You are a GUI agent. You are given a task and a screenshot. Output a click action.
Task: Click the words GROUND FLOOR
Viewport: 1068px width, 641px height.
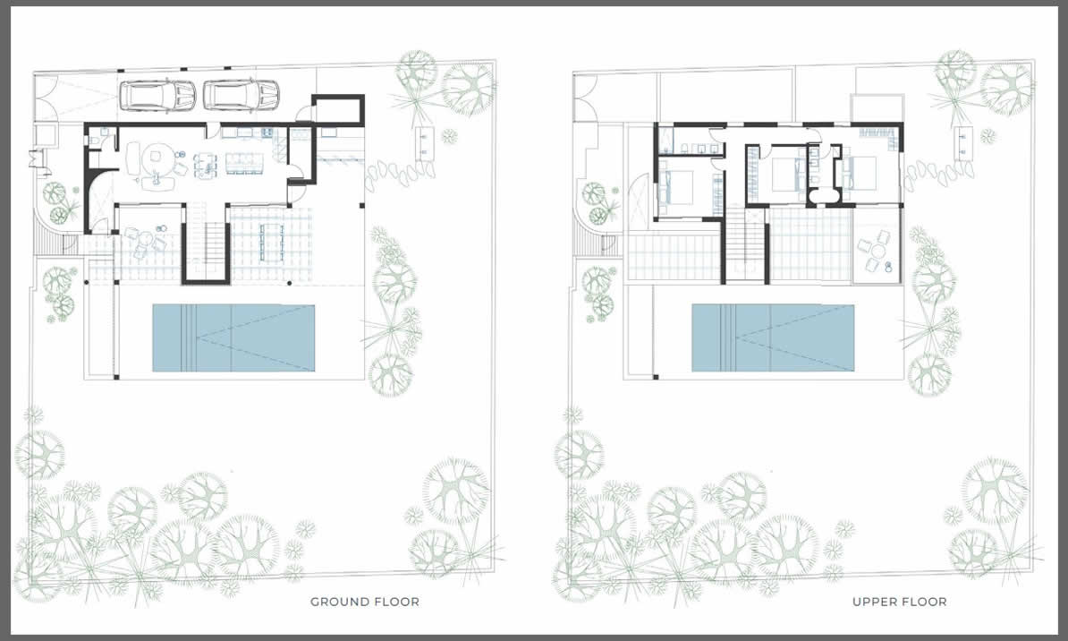[364, 602]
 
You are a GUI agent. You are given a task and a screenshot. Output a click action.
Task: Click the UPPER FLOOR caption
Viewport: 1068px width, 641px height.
[899, 602]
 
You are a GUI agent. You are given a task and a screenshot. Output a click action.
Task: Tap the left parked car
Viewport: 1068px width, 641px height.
[157, 95]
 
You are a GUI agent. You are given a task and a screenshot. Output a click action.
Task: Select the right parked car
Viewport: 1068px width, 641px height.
[242, 95]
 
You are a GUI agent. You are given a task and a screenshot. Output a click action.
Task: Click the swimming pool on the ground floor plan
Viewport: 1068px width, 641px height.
[233, 338]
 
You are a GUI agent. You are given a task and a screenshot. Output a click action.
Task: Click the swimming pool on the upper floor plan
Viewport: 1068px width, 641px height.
[773, 338]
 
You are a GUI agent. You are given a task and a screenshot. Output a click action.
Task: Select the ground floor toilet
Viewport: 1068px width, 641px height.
[95, 140]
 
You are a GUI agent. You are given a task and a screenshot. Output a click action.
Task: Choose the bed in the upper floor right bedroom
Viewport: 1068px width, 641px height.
[860, 173]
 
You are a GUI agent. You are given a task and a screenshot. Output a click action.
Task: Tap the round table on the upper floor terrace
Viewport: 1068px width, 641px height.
[874, 253]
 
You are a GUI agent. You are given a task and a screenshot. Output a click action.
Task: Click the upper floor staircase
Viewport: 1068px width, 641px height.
[745, 242]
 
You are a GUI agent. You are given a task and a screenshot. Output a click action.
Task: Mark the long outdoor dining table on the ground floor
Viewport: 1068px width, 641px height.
[272, 242]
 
